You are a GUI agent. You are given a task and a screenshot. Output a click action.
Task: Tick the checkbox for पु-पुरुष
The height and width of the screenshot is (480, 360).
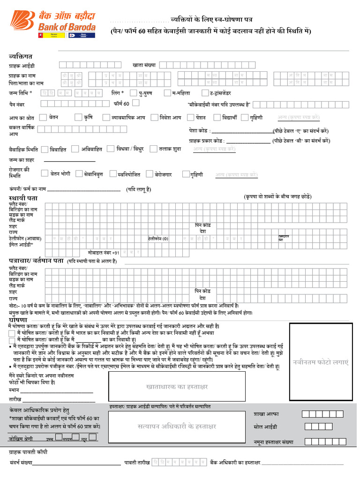click(x=134, y=93)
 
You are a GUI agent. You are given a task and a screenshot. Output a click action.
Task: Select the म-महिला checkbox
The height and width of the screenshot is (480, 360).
click(x=167, y=93)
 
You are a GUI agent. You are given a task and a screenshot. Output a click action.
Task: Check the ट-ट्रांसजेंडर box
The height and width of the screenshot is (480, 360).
click(x=205, y=93)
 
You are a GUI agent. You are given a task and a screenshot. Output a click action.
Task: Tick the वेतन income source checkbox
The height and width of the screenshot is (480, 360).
click(x=43, y=118)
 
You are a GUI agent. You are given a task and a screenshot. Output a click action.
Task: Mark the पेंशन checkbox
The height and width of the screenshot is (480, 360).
click(x=190, y=118)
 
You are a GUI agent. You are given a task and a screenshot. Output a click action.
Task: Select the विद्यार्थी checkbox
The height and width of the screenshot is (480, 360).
click(x=217, y=118)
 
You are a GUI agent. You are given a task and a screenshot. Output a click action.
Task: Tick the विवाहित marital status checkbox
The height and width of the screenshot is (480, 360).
click(x=45, y=150)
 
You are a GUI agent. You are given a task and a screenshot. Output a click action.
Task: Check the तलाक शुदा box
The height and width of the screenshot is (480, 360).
click(x=153, y=149)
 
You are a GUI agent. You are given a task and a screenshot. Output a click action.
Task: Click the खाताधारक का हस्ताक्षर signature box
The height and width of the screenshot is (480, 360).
click(x=177, y=387)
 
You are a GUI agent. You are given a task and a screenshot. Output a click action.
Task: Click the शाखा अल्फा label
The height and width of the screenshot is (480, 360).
click(x=266, y=414)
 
